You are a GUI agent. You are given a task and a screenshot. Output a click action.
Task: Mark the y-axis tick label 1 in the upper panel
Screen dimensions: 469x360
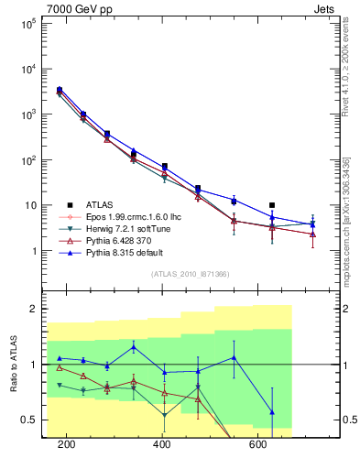pos(34,251)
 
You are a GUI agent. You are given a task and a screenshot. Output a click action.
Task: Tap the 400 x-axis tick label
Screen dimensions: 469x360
pos(162,445)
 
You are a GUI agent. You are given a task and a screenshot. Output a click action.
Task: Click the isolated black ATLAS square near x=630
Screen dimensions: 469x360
pos(272,205)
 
